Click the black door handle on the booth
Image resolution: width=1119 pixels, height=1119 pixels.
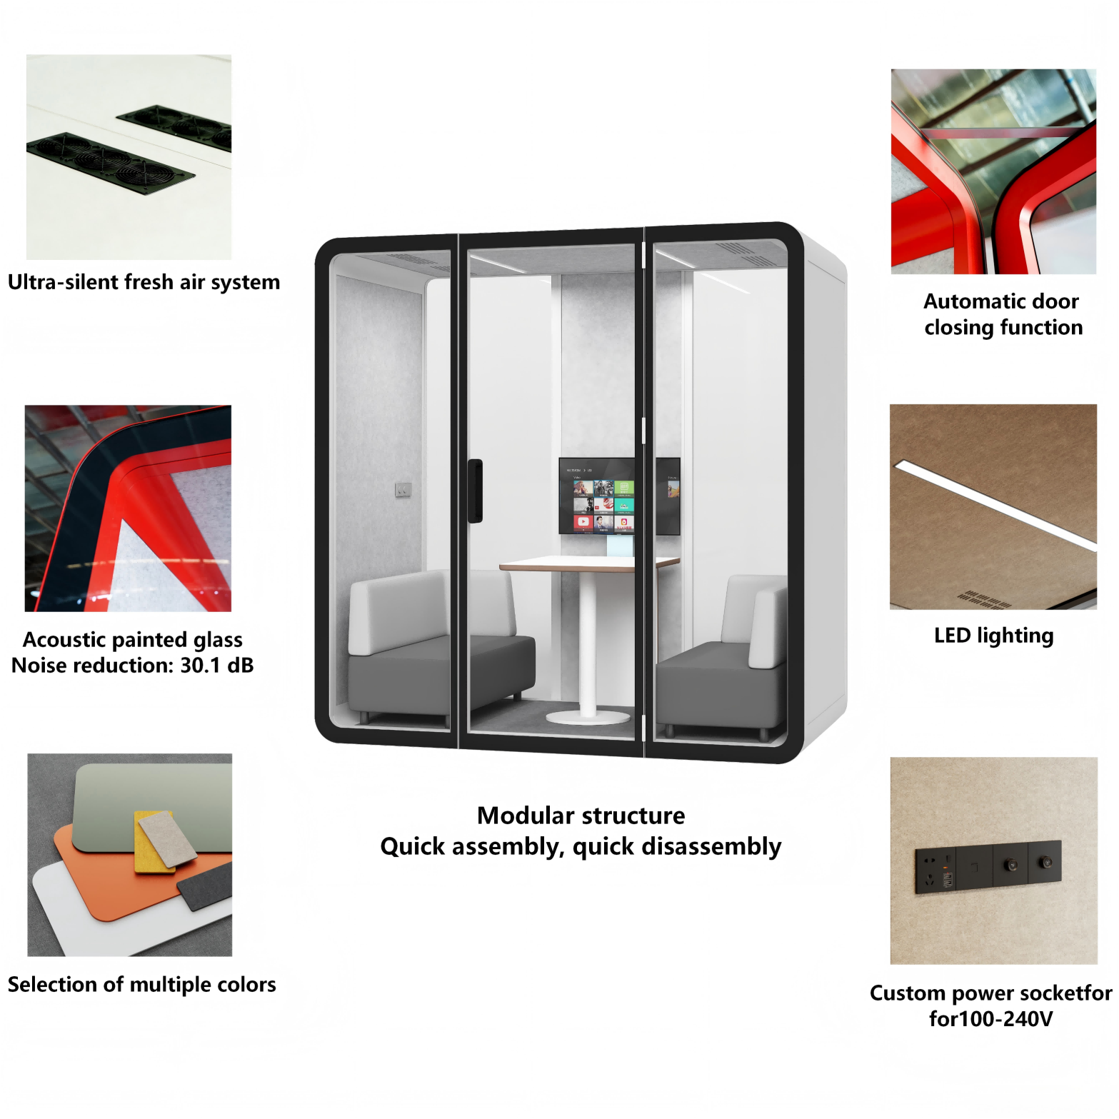pos(475,491)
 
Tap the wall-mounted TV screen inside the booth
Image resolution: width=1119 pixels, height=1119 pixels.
pos(596,496)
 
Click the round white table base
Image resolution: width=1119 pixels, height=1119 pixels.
pos(588,716)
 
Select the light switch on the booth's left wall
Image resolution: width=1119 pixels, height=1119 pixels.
pos(403,489)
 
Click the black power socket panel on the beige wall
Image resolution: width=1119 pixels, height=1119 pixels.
pos(988,865)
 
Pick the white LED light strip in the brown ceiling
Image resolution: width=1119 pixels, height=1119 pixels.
pos(993,503)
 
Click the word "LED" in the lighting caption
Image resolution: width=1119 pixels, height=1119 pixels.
pos(952,636)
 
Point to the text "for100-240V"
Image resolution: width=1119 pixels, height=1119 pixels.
pos(990,1018)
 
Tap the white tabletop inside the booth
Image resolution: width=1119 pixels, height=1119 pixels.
pos(586,563)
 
